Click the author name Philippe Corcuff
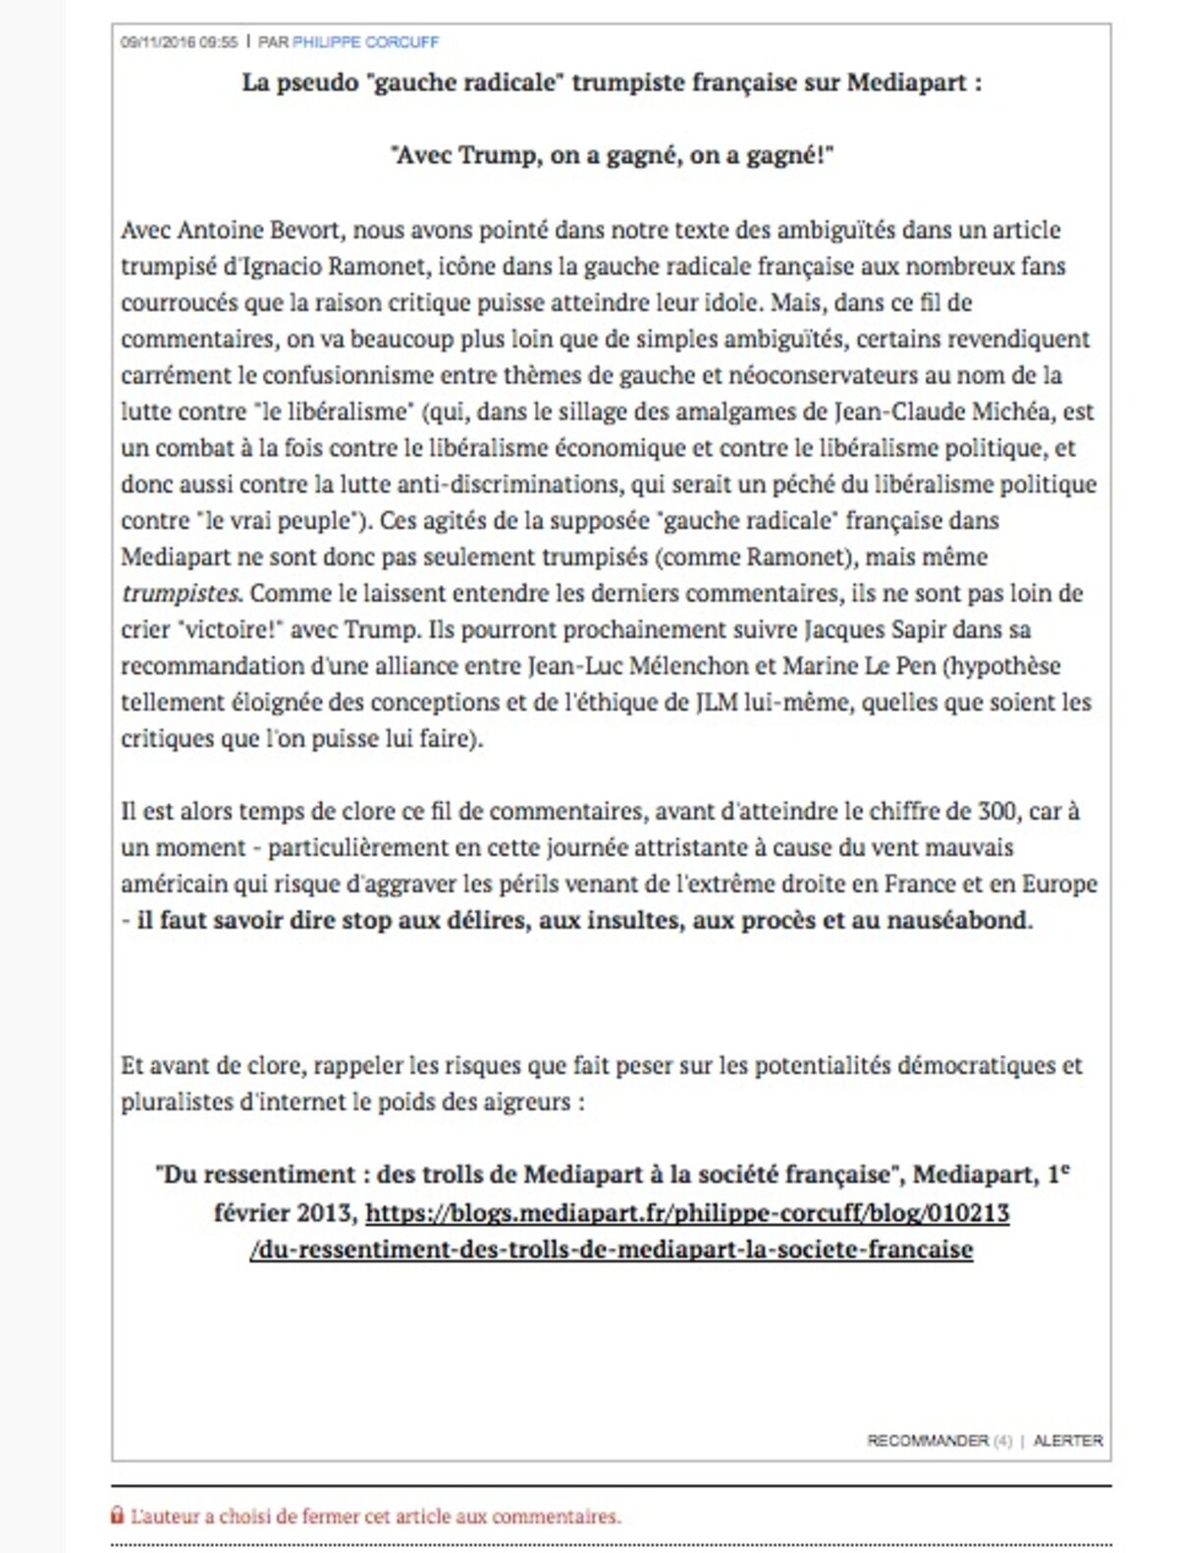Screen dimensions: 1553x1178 pyautogui.click(x=365, y=42)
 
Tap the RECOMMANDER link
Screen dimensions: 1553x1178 pyautogui.click(x=927, y=1440)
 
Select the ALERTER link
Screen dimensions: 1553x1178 pyautogui.click(x=1068, y=1440)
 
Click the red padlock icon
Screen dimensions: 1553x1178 pyautogui.click(x=118, y=1516)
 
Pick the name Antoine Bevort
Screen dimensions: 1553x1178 pyautogui.click(x=259, y=230)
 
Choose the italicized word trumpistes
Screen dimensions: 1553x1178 pyautogui.click(x=181, y=593)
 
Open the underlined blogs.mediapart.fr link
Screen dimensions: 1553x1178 pyautogui.click(x=686, y=1213)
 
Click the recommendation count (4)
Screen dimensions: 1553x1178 pyautogui.click(x=1001, y=1440)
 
